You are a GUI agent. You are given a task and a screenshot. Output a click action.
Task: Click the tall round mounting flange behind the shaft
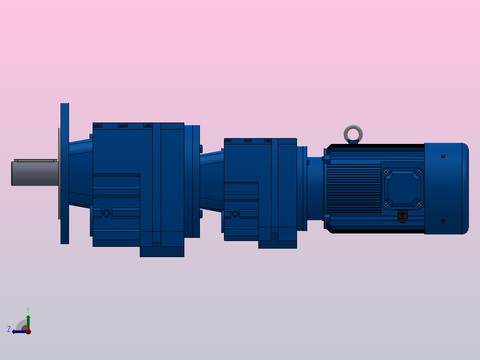tap(65, 174)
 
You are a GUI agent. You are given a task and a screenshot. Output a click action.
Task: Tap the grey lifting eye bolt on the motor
tap(353, 133)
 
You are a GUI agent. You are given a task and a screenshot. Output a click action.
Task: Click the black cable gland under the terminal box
tap(403, 217)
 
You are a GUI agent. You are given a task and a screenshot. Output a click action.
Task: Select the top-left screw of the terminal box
tap(386, 172)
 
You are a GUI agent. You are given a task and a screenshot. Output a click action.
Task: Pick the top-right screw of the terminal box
tap(419, 172)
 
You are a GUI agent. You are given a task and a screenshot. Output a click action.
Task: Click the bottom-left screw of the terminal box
tap(386, 205)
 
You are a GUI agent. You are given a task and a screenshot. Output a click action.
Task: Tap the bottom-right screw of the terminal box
tap(419, 205)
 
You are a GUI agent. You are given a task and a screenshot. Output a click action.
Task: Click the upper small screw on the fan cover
tap(443, 156)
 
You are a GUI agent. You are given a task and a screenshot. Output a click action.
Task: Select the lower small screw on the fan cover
tap(443, 221)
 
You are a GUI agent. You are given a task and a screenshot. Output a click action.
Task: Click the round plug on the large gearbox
tap(106, 213)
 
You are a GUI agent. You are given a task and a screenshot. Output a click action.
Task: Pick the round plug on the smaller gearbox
tap(235, 214)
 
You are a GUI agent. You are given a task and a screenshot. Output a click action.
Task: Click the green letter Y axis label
tap(28, 309)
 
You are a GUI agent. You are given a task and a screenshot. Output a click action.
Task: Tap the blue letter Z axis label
tap(9, 329)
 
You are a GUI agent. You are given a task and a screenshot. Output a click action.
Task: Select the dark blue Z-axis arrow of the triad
tap(18, 331)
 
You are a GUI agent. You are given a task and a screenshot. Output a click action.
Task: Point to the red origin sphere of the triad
tap(28, 331)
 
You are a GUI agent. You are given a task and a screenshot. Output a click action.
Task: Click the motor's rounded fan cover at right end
tap(446, 188)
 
